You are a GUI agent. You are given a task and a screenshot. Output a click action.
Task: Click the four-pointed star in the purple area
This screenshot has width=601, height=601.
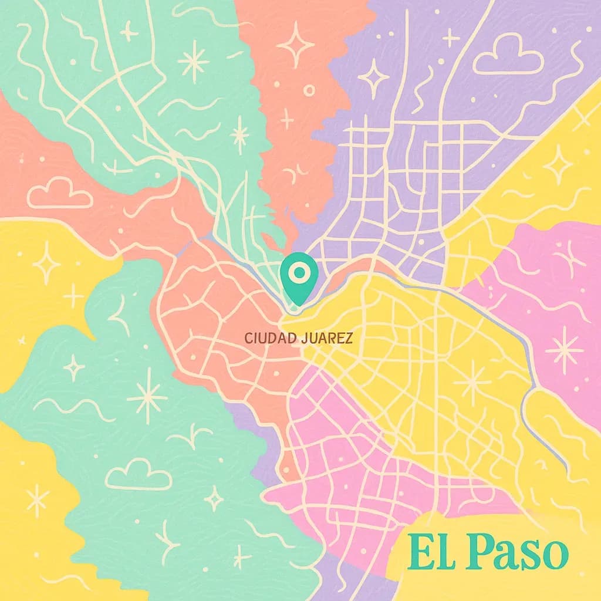pos(373,77)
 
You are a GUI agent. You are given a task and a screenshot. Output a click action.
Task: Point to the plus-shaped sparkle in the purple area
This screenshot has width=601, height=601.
pos(451,38)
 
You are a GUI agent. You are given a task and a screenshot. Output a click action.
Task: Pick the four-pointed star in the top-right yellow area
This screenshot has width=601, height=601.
pos(558,164)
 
